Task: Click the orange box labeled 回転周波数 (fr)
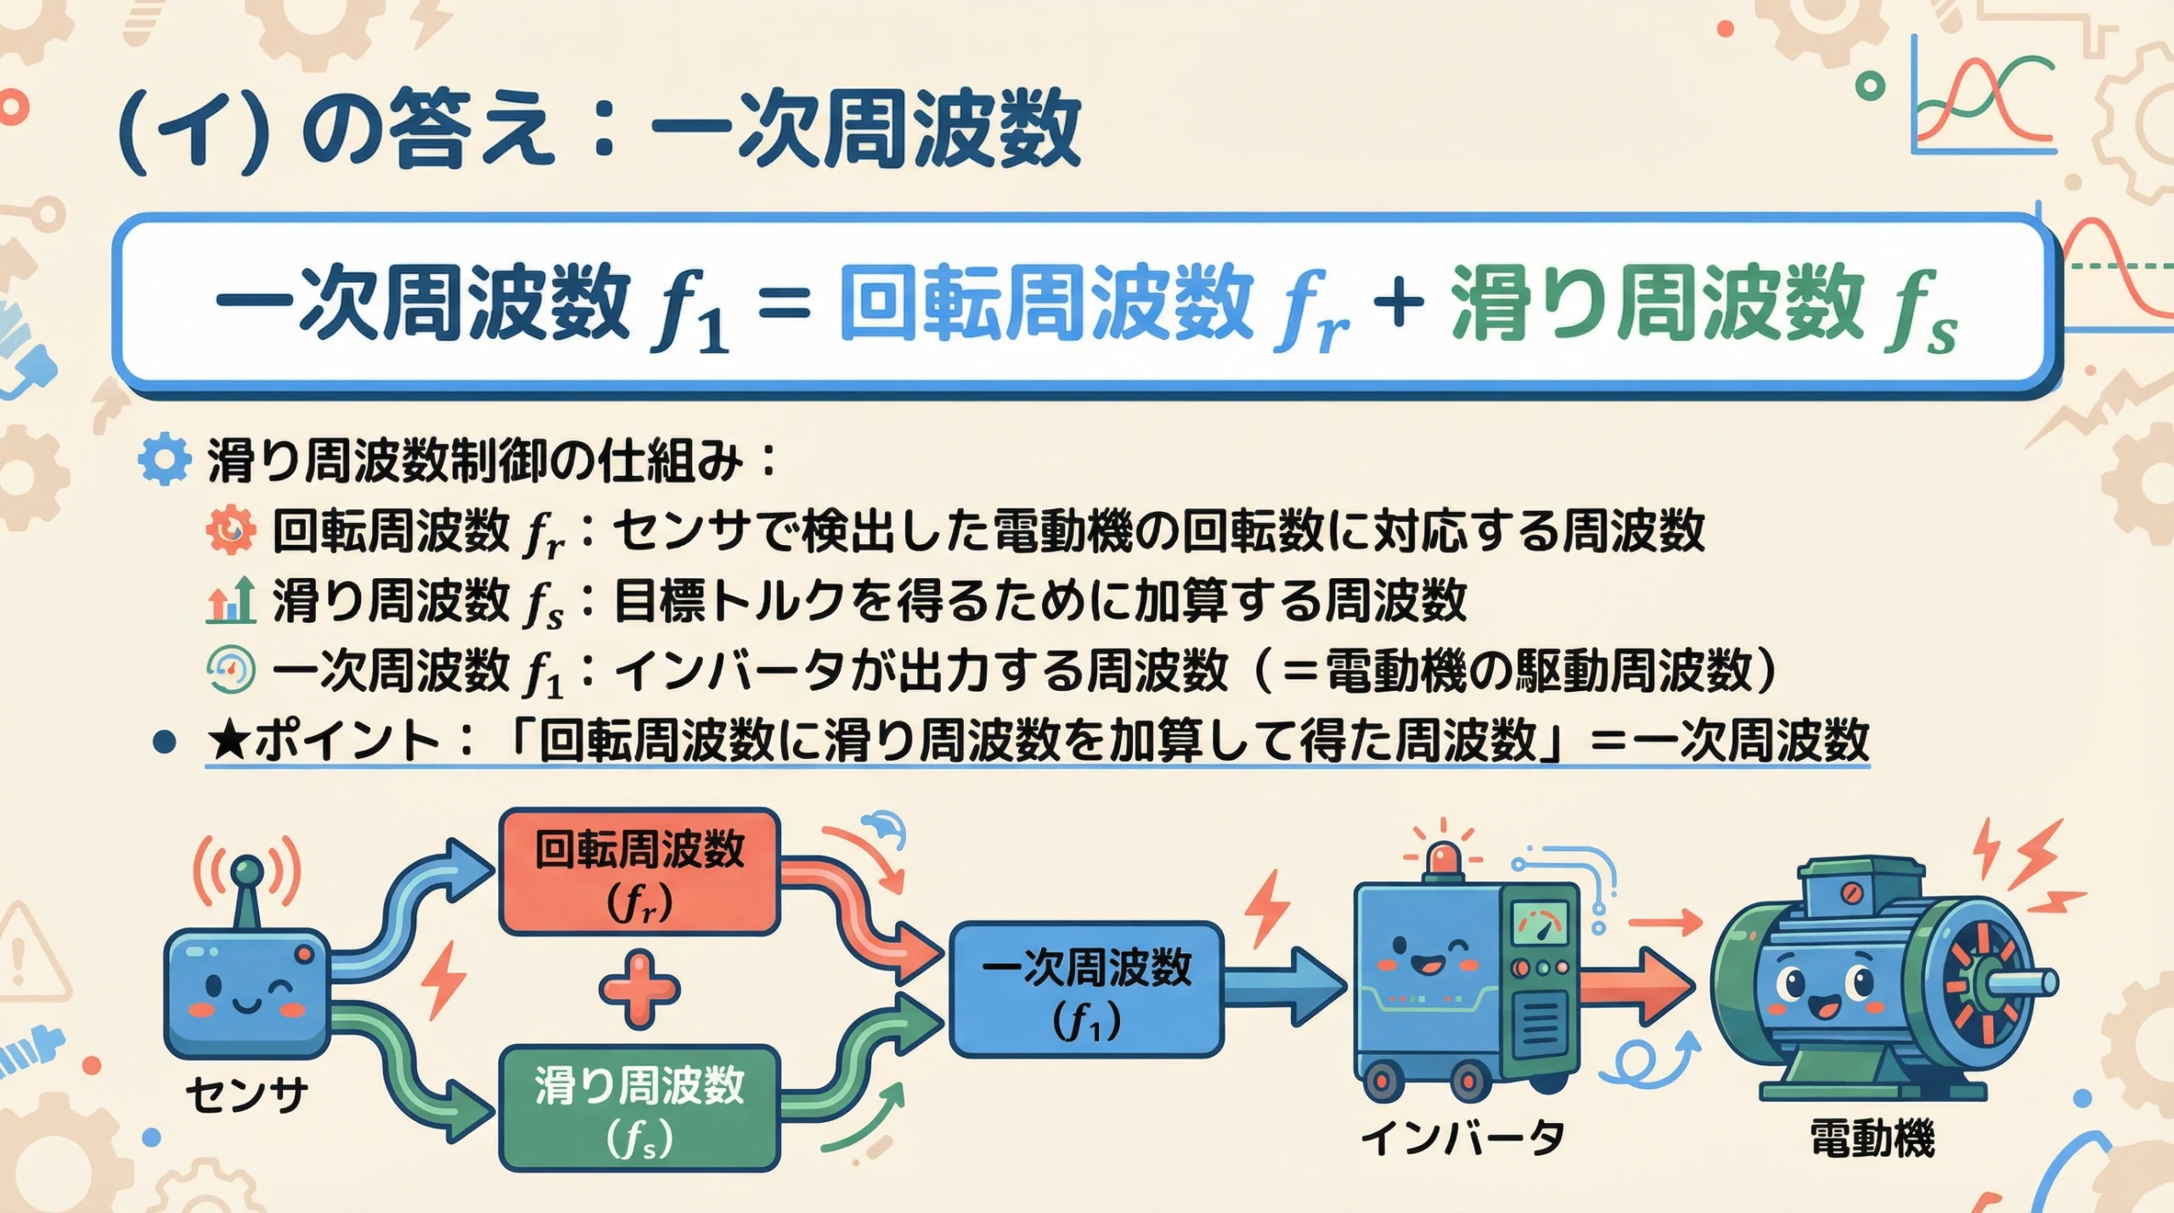(639, 873)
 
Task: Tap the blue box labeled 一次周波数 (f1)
(1085, 990)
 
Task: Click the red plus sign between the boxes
(639, 990)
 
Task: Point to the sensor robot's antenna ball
(248, 869)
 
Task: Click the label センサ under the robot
(246, 1095)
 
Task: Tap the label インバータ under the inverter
(1462, 1137)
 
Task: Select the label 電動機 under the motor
(1872, 1137)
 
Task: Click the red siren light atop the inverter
(1444, 857)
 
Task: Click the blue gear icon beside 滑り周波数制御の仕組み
(164, 460)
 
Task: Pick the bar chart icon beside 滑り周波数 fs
(231, 600)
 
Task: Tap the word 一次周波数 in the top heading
(866, 132)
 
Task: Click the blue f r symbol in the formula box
(1312, 312)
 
